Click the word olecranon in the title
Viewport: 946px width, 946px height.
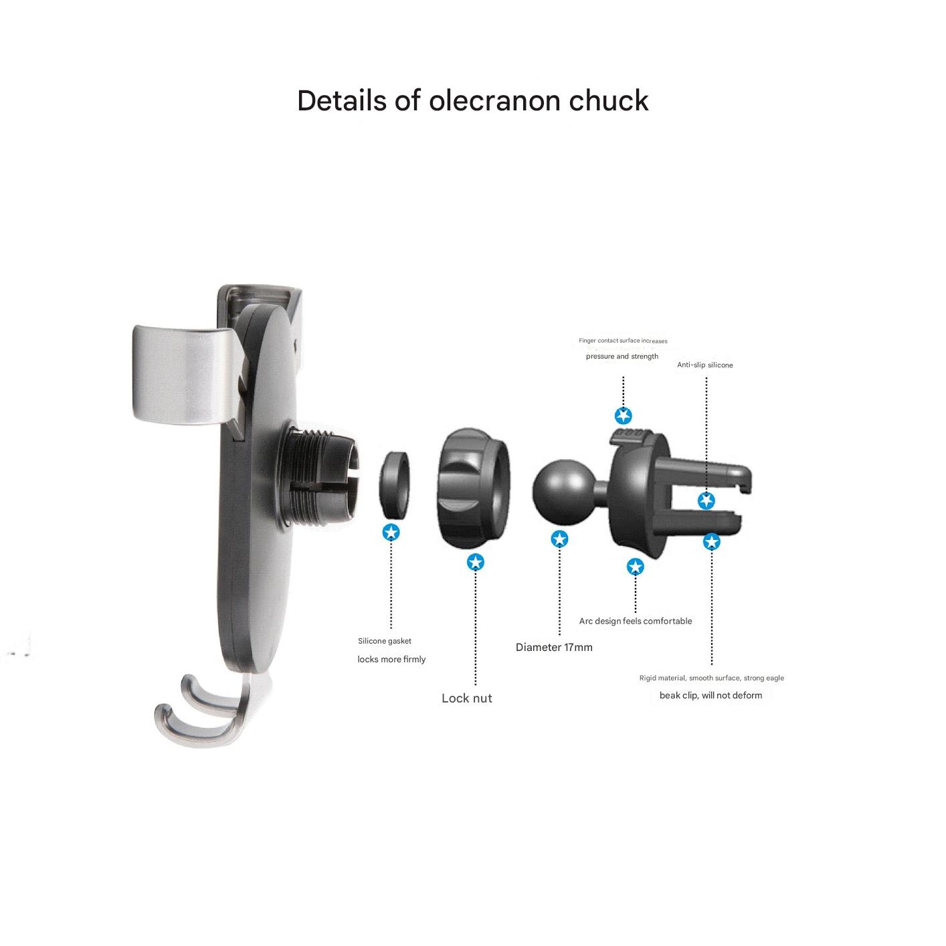[495, 100]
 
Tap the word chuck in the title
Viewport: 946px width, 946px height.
[608, 100]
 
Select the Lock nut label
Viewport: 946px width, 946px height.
[466, 698]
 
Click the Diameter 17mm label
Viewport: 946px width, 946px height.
[554, 647]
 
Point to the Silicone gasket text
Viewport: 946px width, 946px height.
[385, 641]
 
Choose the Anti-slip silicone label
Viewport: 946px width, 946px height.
[704, 365]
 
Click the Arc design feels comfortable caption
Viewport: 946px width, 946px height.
[636, 621]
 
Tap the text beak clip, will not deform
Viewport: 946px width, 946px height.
[711, 695]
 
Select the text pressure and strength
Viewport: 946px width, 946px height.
[622, 357]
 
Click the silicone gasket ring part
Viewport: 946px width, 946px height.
[394, 485]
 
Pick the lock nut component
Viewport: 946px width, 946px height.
[474, 487]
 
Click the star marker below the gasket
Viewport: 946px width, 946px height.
[391, 532]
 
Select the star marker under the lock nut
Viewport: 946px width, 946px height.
[475, 562]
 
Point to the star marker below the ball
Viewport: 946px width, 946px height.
[559, 539]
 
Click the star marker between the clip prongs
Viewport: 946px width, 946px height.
[706, 500]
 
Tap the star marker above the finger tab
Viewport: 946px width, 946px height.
[623, 416]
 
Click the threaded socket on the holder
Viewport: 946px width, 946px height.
[320, 478]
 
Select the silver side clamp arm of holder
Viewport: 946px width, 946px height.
[189, 374]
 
